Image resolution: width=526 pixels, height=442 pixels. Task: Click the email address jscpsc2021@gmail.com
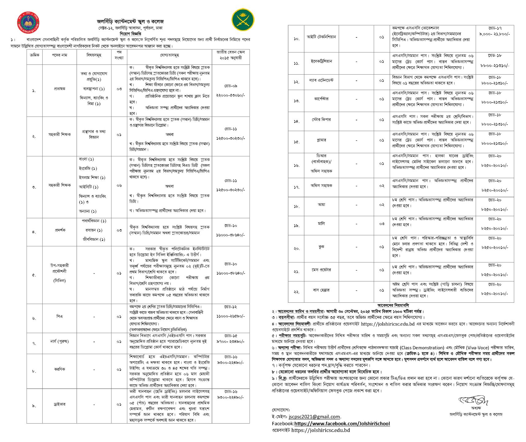coord(315,417)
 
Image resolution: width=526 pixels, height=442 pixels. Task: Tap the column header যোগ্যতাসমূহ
coord(169,55)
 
